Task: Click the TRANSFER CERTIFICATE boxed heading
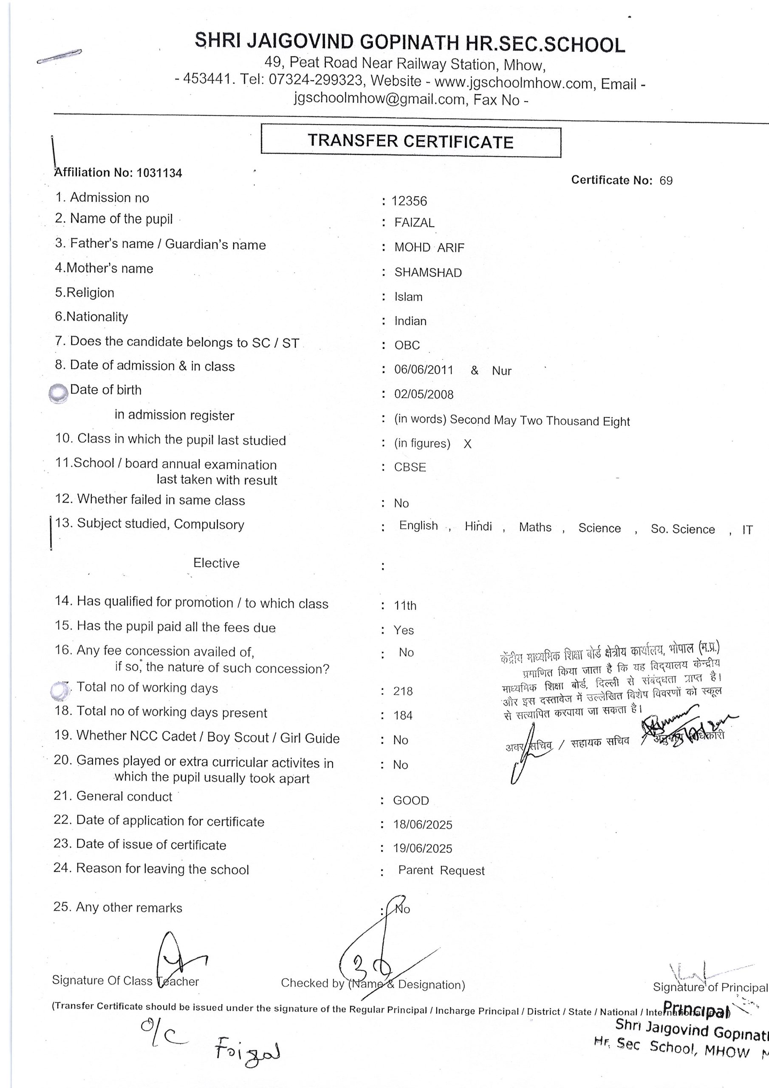[410, 141]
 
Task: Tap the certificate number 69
[666, 181]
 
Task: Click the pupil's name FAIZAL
[414, 223]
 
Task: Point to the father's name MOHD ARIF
[429, 248]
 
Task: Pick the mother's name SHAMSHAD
[428, 273]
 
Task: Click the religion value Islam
[408, 297]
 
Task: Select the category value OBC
[407, 346]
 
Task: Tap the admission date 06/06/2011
[424, 370]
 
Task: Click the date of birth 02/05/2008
[424, 395]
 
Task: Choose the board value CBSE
[410, 467]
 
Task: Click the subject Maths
[535, 527]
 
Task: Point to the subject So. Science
[682, 529]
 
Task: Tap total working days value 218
[403, 691]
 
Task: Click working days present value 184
[403, 716]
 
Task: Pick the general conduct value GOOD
[411, 800]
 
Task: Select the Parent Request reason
[441, 870]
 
